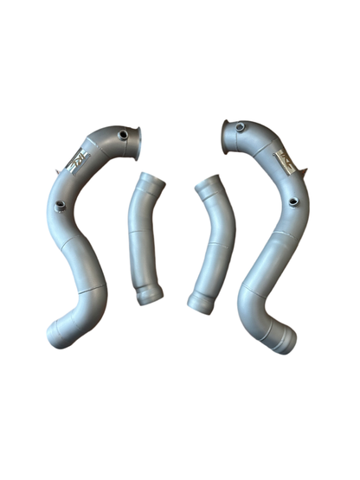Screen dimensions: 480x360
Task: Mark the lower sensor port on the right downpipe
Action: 294,202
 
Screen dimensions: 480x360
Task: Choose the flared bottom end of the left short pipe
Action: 150,297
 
